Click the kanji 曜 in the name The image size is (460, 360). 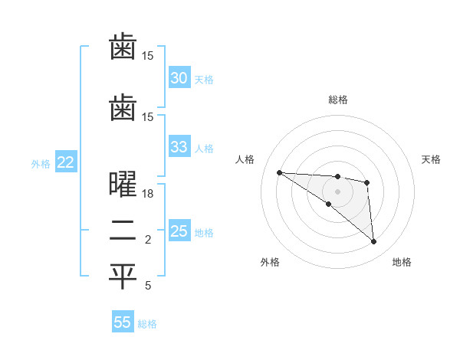[x=123, y=187]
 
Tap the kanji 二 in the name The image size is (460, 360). [x=123, y=232]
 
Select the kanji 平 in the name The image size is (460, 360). [x=123, y=277]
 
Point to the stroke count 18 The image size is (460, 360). [x=148, y=194]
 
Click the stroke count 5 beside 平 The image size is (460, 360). [x=148, y=286]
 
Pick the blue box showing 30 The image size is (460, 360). [x=179, y=78]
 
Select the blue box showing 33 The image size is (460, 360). [x=179, y=147]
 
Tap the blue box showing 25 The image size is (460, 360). [x=179, y=231]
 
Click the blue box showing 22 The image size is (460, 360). [x=65, y=162]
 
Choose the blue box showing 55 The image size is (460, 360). [x=123, y=322]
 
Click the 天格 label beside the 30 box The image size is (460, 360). [x=204, y=79]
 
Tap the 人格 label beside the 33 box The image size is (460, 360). [x=204, y=148]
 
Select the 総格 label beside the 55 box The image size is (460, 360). [x=147, y=323]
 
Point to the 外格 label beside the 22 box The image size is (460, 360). [x=41, y=163]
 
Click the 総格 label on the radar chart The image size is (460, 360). [x=337, y=100]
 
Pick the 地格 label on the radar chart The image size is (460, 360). [x=402, y=262]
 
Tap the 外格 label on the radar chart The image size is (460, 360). [x=270, y=262]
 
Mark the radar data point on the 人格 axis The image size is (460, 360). [x=279, y=172]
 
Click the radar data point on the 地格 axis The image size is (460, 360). [x=373, y=242]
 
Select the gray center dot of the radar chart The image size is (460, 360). [x=337, y=191]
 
